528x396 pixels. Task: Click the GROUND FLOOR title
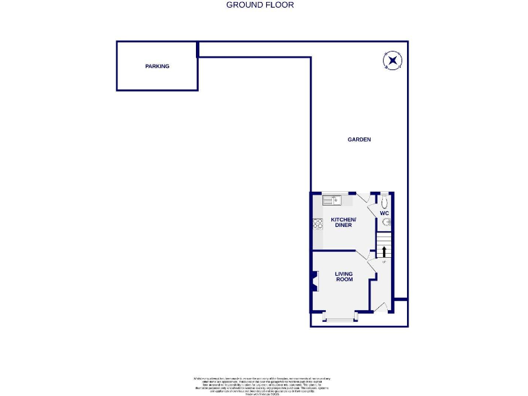coord(260,5)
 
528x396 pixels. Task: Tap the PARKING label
coord(157,66)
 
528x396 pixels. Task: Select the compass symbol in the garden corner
coord(392,61)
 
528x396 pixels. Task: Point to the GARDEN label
coord(359,140)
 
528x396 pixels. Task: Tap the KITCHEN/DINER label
coord(342,223)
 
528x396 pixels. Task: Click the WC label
coord(385,214)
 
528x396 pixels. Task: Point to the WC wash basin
coord(386,221)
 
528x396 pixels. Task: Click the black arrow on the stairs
coord(384,250)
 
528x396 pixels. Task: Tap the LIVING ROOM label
coord(344,276)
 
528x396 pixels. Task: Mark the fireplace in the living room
coord(314,282)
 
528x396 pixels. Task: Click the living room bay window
coord(340,318)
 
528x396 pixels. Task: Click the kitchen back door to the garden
coord(362,198)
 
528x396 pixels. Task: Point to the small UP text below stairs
coord(384,262)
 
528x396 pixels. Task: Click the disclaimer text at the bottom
coord(262,384)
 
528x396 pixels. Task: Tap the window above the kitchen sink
coord(337,193)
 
